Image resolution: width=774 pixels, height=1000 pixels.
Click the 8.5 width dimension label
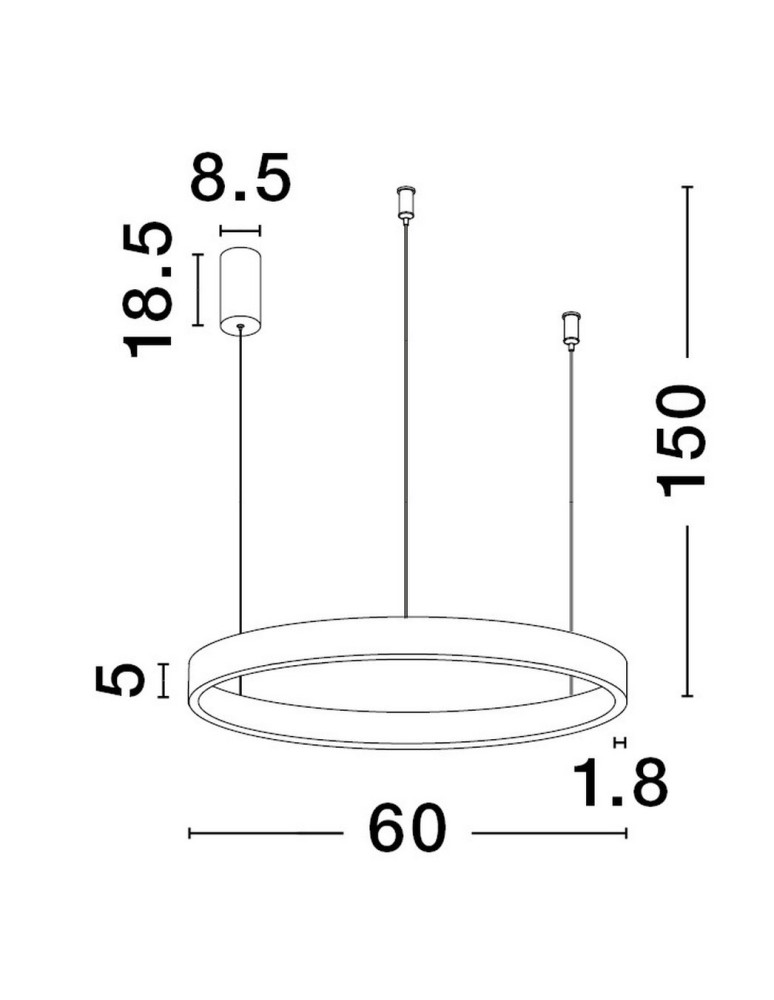(x=240, y=177)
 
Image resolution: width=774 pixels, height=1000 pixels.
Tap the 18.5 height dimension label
(x=148, y=289)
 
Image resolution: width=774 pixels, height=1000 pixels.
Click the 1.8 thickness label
(x=620, y=782)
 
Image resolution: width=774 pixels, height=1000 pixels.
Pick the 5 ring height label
(x=119, y=680)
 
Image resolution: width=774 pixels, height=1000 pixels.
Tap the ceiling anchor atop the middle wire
(x=405, y=204)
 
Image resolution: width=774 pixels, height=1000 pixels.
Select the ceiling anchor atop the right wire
(x=571, y=330)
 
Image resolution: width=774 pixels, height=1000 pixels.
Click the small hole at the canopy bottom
(x=240, y=327)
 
